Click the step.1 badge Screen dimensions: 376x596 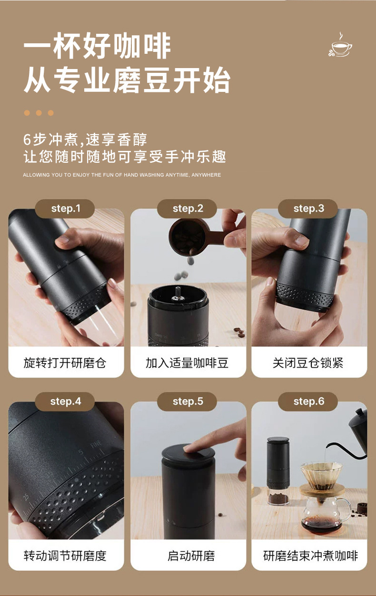point(65,209)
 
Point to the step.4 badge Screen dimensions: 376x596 point(65,401)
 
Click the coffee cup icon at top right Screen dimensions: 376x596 point(340,45)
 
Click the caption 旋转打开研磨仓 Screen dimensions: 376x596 point(65,363)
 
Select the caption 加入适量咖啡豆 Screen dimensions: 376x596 point(187,363)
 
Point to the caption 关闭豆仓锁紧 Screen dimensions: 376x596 point(308,363)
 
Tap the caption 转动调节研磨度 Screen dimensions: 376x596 point(65,556)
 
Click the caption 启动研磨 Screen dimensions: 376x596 point(191,556)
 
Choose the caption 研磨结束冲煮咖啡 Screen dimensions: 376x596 point(310,556)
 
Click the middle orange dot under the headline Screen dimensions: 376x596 point(39,113)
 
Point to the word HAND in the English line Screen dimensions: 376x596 point(131,175)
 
